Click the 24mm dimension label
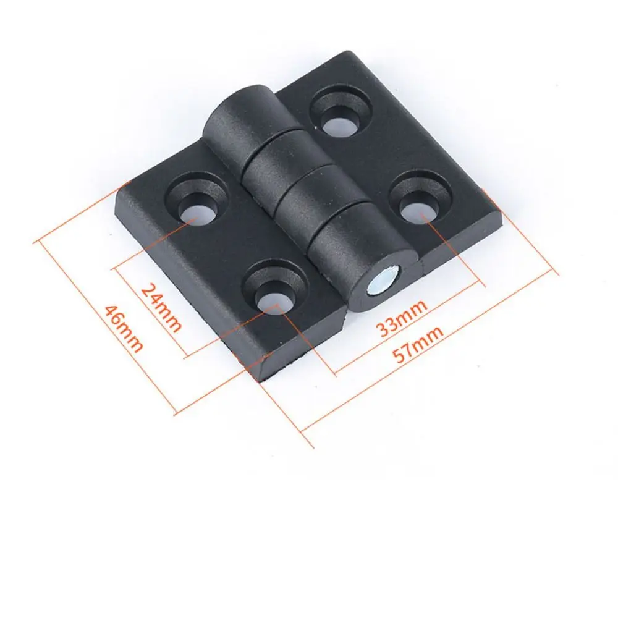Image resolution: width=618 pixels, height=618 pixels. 161,307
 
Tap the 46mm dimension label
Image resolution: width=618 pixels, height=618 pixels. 124,328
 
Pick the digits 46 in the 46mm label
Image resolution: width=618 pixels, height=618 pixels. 117,318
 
